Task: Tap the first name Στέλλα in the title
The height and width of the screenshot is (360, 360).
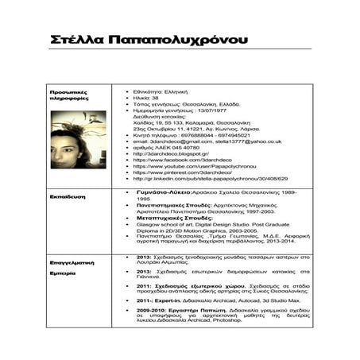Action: point(76,40)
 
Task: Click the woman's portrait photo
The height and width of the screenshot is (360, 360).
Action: point(77,139)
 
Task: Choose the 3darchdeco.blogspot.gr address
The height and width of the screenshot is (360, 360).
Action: point(171,153)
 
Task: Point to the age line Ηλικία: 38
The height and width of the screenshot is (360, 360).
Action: point(146,99)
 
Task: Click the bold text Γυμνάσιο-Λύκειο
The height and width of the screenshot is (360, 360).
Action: point(163,193)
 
